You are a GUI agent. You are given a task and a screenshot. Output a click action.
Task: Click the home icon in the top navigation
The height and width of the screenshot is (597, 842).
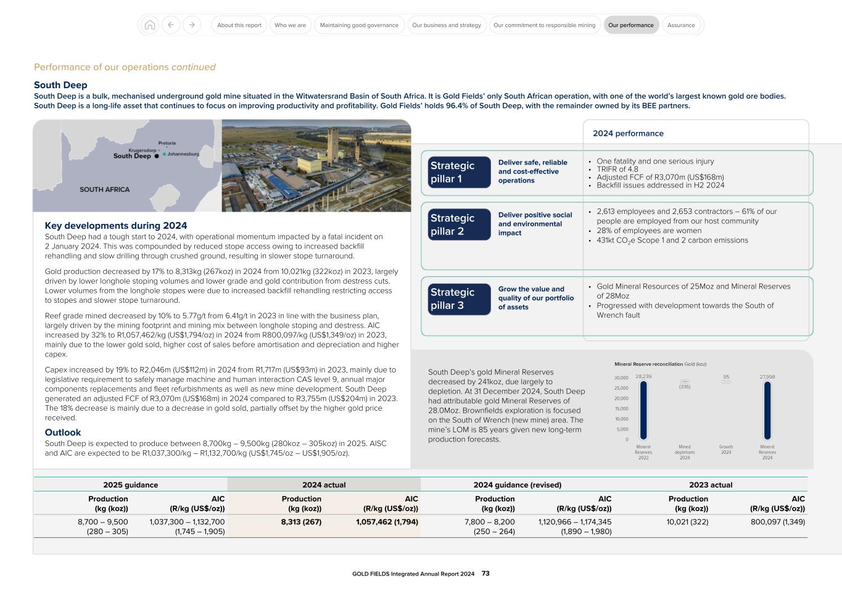tap(149, 25)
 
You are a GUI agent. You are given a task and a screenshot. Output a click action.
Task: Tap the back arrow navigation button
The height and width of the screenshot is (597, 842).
tap(171, 25)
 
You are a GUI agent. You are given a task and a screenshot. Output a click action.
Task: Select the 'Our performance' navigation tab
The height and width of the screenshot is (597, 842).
tap(630, 25)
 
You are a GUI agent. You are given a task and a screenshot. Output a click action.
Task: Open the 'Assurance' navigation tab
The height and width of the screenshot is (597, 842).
tap(681, 25)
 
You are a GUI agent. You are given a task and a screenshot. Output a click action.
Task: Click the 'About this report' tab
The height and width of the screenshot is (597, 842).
tap(239, 25)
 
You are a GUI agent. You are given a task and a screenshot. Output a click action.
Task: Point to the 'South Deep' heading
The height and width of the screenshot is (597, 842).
tap(60, 85)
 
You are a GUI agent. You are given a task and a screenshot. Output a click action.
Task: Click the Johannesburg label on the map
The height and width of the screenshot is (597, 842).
tap(183, 154)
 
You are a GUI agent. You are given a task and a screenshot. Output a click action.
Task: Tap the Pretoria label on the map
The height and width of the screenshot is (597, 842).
tap(167, 143)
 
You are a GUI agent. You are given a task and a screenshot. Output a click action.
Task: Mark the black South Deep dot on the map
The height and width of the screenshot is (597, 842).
tap(157, 156)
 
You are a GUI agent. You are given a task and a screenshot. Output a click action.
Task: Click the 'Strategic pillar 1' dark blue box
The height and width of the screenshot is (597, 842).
tap(459, 172)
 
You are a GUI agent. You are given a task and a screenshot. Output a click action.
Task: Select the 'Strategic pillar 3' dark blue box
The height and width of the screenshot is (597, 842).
tap(459, 298)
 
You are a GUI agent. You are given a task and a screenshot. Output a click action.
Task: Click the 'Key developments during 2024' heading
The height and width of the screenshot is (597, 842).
tap(116, 226)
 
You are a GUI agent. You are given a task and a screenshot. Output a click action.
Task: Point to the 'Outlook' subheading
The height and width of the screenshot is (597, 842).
tap(63, 432)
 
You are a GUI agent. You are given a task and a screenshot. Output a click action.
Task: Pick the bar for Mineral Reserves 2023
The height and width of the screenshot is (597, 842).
tap(643, 410)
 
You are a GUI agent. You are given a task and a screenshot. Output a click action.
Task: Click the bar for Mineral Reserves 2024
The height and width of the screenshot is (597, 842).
tap(767, 410)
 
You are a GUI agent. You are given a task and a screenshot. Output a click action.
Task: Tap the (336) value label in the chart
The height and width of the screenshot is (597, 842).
tap(685, 387)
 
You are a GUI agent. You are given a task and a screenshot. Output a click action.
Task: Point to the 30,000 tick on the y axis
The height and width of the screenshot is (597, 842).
tap(621, 377)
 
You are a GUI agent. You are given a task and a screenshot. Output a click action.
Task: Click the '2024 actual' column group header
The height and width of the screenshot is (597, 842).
tap(324, 485)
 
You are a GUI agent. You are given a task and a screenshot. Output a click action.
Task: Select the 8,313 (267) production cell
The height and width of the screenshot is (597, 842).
tap(301, 522)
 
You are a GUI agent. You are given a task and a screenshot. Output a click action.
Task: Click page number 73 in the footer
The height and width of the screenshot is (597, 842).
tap(485, 574)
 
